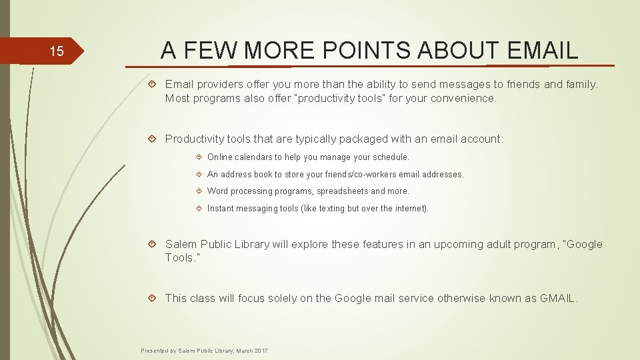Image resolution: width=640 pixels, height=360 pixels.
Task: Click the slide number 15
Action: (57, 51)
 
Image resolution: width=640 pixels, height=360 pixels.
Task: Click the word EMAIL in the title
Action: (543, 50)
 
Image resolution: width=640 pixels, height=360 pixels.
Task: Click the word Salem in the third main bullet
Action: (181, 244)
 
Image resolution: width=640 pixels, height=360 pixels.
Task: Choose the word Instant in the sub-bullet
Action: (221, 209)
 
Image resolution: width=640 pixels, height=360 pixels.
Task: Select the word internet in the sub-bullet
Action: (408, 209)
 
